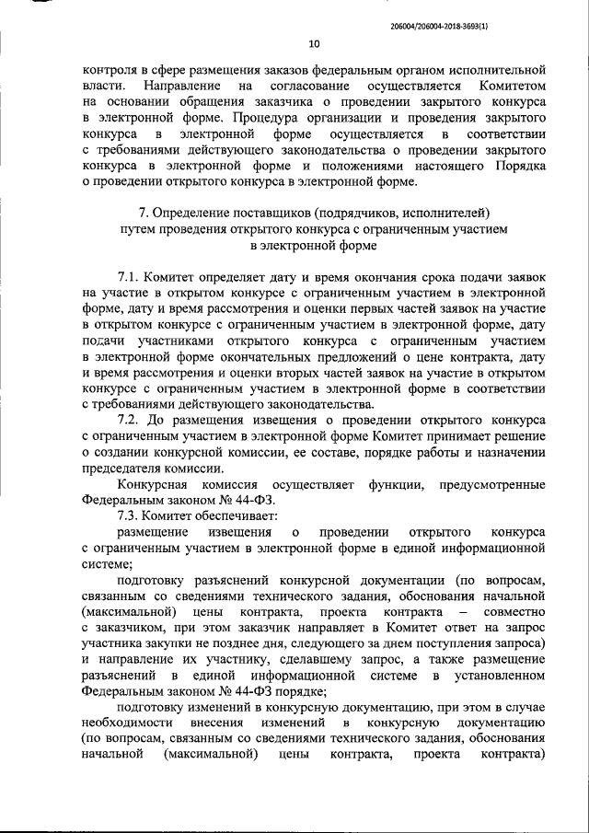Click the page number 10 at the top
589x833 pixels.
click(315, 43)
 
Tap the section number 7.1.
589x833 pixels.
click(133, 277)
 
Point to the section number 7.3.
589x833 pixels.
click(133, 517)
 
